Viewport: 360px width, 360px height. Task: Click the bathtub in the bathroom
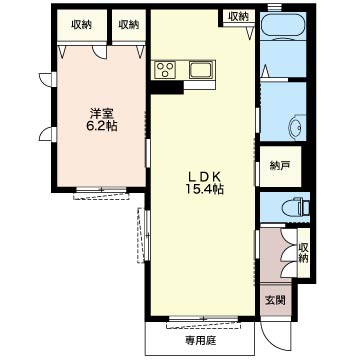click(x=283, y=26)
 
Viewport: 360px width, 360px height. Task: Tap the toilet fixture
click(x=296, y=208)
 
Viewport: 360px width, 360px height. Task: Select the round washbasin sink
click(x=298, y=126)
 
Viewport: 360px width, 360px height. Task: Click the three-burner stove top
click(x=165, y=70)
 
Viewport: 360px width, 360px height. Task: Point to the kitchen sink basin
click(x=201, y=70)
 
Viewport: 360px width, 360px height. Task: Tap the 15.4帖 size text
click(x=205, y=189)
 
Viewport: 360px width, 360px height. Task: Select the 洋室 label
click(x=102, y=114)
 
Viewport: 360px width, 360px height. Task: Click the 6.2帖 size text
click(x=102, y=126)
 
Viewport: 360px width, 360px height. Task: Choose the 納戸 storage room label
click(x=279, y=166)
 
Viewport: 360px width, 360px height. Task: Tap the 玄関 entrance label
click(x=275, y=300)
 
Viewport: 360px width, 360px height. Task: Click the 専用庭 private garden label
click(x=201, y=341)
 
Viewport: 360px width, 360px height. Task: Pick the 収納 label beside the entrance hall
click(x=303, y=253)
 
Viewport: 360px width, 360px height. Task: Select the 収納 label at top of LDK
click(x=239, y=17)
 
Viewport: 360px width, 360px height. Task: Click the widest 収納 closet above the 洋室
click(x=82, y=25)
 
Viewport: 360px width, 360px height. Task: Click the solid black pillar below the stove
click(x=166, y=87)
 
